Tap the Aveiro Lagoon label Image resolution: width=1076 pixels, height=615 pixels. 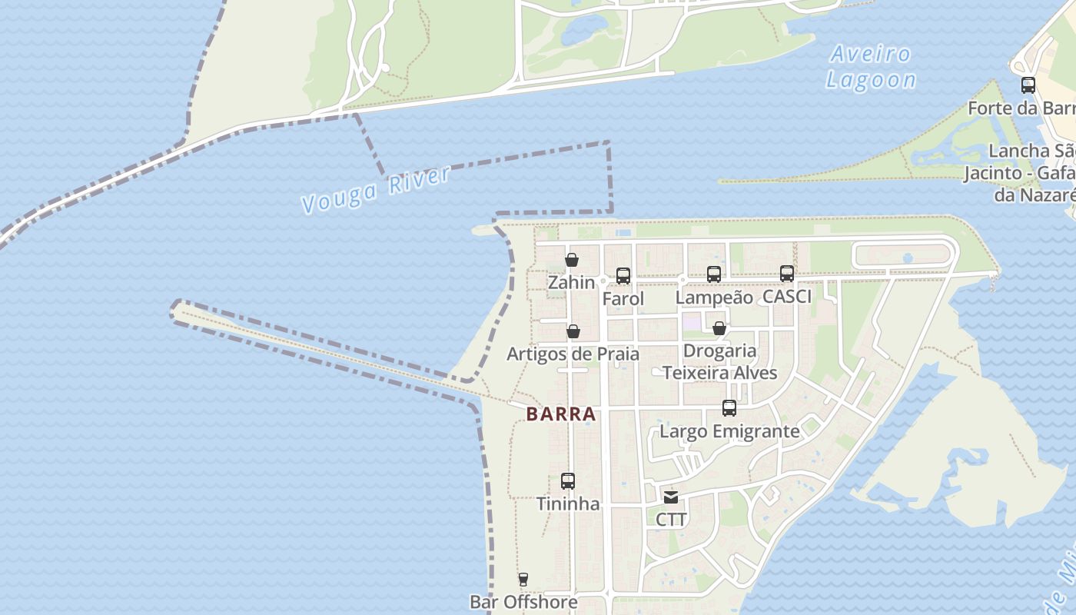871,67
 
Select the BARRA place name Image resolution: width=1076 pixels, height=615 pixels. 561,414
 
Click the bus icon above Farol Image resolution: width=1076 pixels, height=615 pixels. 623,275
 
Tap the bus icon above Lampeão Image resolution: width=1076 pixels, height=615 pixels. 714,274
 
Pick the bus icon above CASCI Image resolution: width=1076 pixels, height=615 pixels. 787,273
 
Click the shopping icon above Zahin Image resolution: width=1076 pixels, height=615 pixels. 572,260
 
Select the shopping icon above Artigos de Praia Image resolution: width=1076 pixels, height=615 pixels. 573,331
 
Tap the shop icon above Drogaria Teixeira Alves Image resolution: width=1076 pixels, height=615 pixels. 719,328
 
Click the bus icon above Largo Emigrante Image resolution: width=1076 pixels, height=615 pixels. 729,408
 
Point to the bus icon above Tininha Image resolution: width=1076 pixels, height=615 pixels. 568,481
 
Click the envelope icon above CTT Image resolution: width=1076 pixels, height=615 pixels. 671,497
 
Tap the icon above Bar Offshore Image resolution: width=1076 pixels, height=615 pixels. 523,580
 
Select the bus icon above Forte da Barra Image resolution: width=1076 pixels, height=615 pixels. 1028,85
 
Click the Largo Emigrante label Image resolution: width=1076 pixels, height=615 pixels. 729,431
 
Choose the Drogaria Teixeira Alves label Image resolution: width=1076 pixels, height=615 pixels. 720,362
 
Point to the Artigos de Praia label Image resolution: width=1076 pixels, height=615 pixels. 573,354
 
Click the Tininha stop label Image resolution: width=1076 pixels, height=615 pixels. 568,504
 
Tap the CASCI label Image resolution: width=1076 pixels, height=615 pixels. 787,297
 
